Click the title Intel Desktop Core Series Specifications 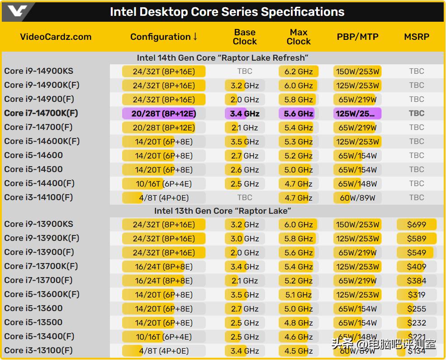[227, 12]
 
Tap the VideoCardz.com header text [56, 37]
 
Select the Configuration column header [164, 37]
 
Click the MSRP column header [417, 37]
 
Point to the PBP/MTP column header [357, 37]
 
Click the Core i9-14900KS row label [38, 71]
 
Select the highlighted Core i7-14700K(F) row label [41, 113]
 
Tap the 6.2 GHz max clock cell [299, 72]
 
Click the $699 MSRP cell [417, 225]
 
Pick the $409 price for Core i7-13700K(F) [417, 267]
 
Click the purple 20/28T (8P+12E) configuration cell [163, 114]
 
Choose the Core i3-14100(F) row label [38, 197]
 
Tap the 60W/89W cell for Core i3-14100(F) [357, 198]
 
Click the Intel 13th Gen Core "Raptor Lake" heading [223, 211]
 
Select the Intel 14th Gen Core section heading [223, 58]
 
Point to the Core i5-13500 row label [33, 322]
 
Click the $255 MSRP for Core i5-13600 [417, 309]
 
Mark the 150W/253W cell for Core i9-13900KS [357, 225]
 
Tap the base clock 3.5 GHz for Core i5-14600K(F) [245, 142]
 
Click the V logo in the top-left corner [18, 11]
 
